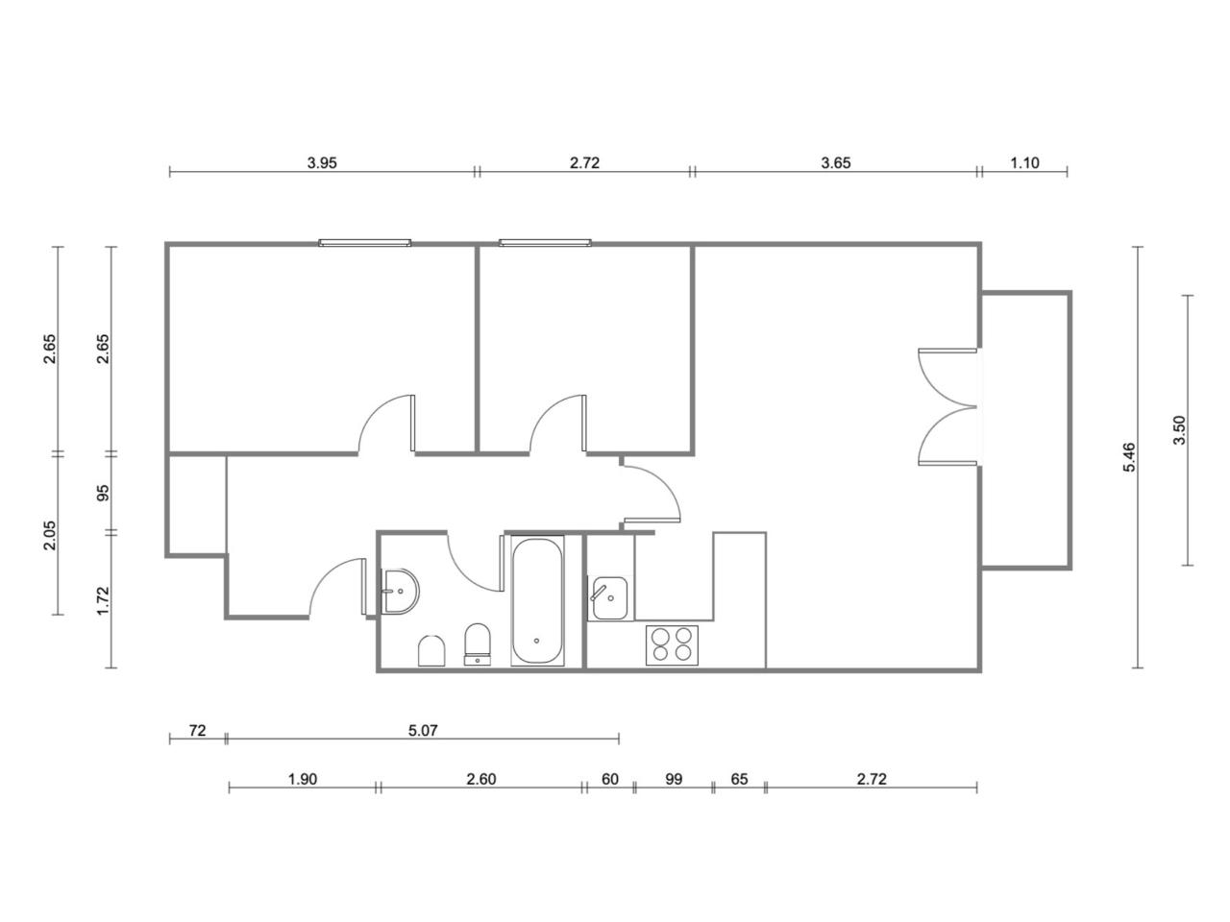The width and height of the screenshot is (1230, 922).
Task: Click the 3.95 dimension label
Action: (322, 163)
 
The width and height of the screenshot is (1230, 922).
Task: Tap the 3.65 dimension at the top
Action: (835, 163)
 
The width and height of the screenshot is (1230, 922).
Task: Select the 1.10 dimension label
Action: (1024, 163)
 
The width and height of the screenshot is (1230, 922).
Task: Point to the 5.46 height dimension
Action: (1129, 457)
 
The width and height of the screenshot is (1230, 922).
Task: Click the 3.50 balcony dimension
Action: (1179, 430)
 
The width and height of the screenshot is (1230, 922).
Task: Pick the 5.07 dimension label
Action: (423, 730)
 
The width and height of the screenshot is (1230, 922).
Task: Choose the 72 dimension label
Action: (197, 730)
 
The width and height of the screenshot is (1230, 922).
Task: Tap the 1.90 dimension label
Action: (302, 779)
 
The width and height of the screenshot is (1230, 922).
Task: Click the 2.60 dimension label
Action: (480, 779)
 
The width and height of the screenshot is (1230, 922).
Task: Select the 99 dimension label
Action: (674, 779)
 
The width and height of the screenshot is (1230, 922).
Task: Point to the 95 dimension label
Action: (103, 493)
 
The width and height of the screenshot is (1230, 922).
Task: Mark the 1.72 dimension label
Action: (103, 600)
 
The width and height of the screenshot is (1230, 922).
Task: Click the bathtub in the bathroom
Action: (537, 600)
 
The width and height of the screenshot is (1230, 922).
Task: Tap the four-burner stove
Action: (672, 644)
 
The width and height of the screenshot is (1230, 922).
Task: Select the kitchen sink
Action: (609, 598)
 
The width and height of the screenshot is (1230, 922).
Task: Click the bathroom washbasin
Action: (402, 592)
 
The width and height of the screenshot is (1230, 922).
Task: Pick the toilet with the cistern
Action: (478, 644)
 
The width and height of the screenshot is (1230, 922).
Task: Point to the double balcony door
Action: (947, 407)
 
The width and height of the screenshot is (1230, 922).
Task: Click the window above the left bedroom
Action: (365, 243)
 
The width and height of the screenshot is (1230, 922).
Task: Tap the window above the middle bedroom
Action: (545, 243)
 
